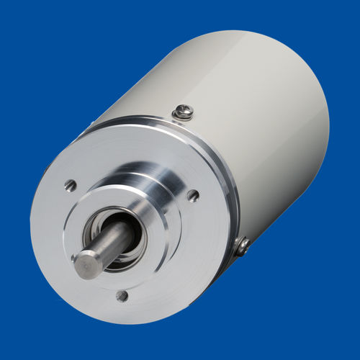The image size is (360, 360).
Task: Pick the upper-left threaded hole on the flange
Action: click(70, 185)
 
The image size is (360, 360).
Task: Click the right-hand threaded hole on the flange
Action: click(192, 194)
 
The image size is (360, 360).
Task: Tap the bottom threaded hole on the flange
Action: click(122, 295)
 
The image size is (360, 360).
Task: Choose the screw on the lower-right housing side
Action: click(243, 247)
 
